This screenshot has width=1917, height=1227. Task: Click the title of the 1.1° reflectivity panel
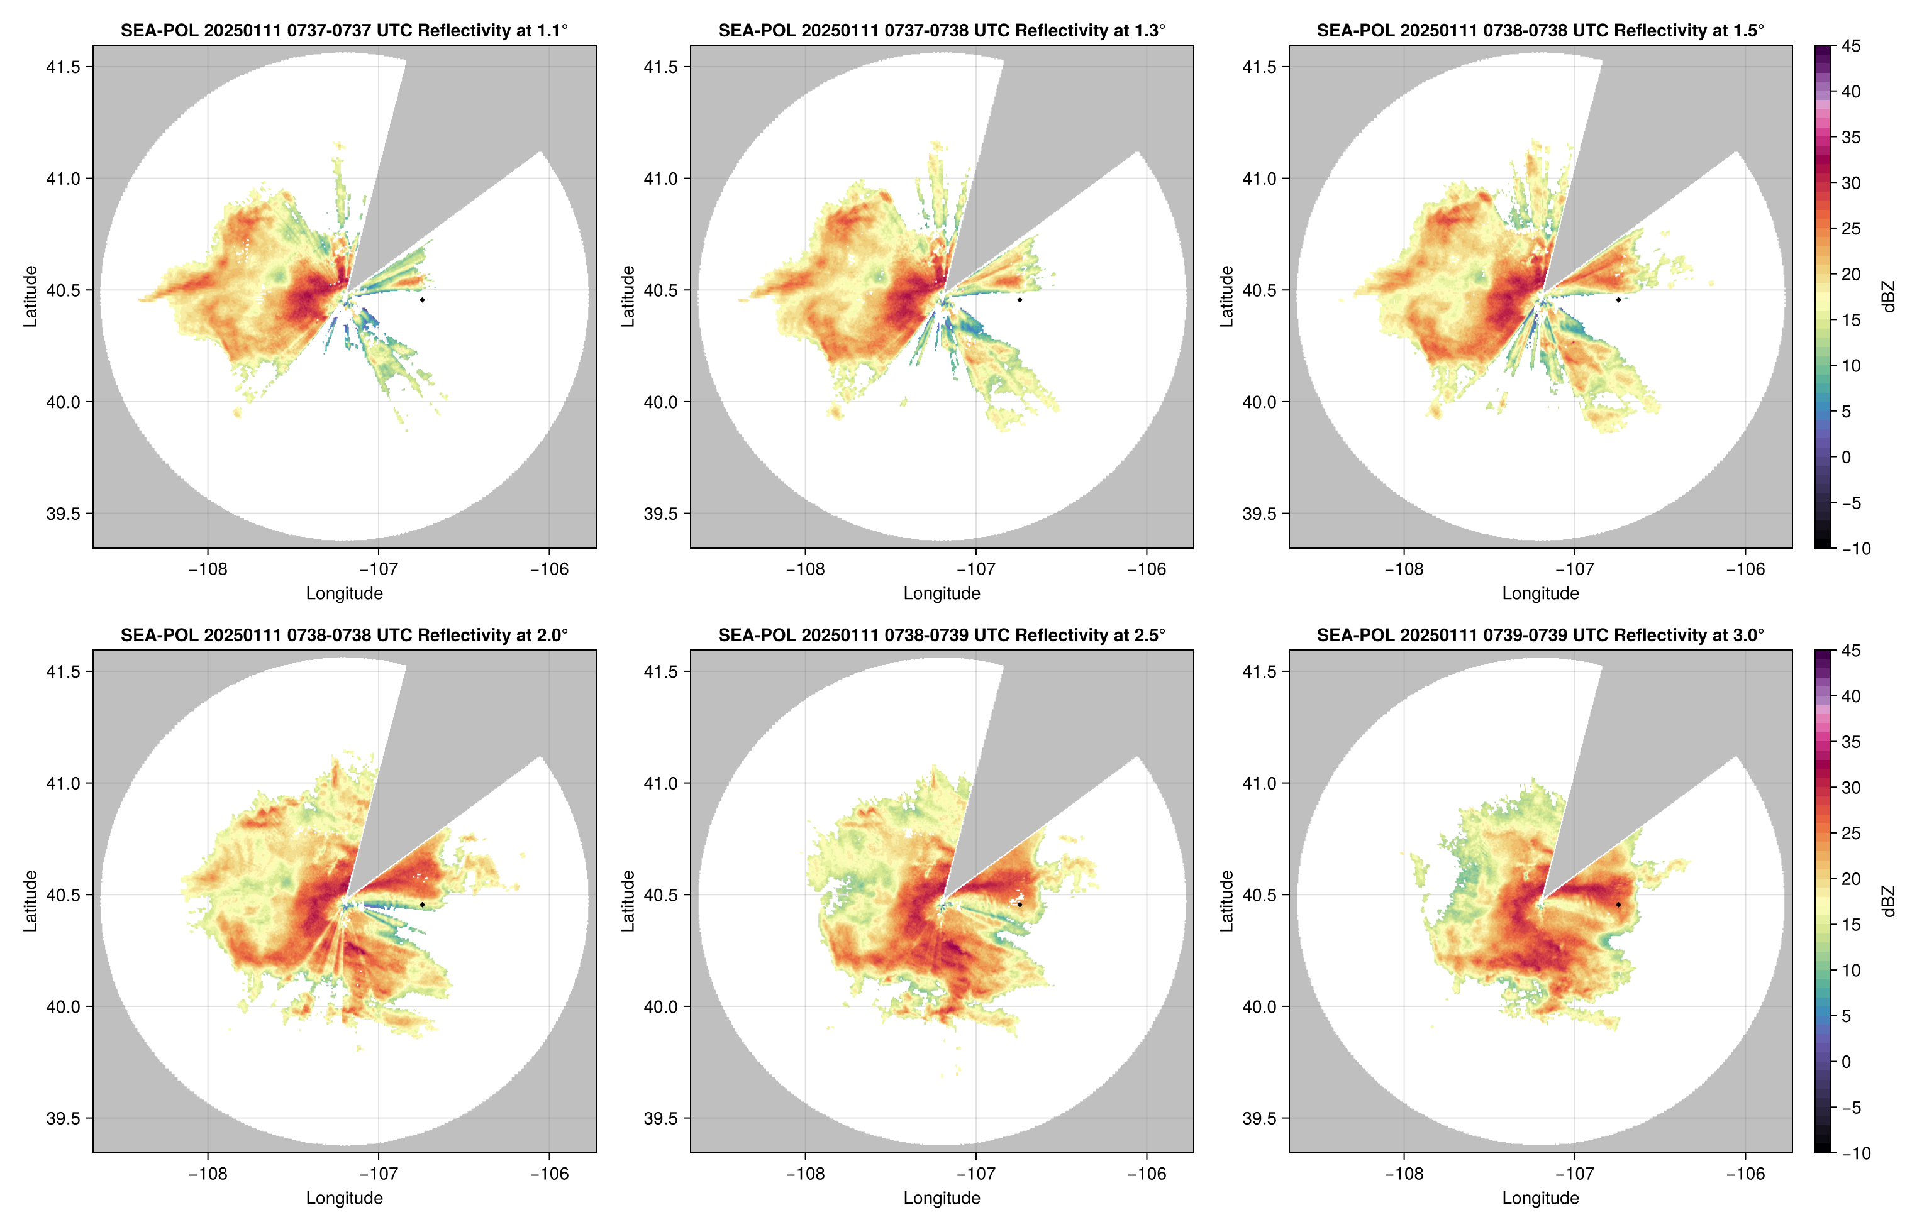coord(344,30)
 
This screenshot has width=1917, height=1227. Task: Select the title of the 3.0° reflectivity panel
coord(1540,635)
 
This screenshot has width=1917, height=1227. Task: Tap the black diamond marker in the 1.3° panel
coord(1020,300)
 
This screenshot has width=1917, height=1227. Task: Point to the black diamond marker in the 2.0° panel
coord(421,905)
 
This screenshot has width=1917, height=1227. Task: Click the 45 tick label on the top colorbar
coord(1851,47)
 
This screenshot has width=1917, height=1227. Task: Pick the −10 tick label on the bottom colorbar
coord(1855,1153)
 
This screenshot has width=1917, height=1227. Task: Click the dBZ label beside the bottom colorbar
coord(1887,901)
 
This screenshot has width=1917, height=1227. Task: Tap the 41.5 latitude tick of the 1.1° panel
coord(64,67)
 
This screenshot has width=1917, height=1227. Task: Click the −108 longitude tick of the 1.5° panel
coord(1404,569)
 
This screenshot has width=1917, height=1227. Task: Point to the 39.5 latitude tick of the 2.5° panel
coord(662,1118)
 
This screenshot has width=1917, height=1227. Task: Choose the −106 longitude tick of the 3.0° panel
coord(1745,1174)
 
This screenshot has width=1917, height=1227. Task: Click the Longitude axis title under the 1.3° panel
coord(942,593)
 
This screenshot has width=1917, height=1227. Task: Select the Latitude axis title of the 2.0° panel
coord(30,901)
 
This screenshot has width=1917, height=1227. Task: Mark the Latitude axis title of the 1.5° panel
coord(1226,297)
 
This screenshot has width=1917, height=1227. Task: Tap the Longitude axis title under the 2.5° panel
coord(942,1198)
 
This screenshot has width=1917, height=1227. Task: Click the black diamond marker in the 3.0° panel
coord(1618,905)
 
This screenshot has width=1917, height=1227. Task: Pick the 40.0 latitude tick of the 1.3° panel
coord(662,402)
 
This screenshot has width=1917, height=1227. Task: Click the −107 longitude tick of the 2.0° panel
coord(378,1174)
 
